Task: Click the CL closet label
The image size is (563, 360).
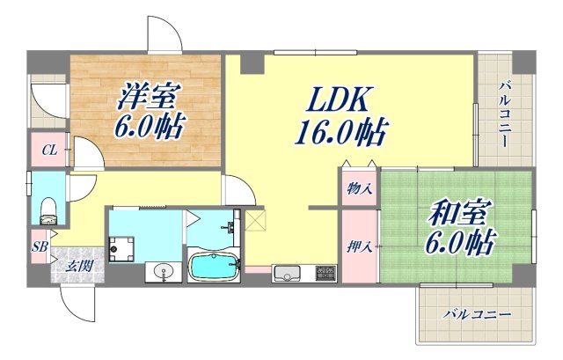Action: (51, 151)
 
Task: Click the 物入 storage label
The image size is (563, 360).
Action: (358, 187)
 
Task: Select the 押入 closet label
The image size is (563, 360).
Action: (359, 246)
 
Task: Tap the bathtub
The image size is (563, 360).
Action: (214, 266)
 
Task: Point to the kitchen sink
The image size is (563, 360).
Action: (287, 272)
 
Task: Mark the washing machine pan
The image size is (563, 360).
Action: (121, 248)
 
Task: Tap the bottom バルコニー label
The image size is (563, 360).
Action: (476, 313)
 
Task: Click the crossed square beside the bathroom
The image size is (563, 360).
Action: (254, 219)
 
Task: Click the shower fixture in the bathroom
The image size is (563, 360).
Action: (232, 228)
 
